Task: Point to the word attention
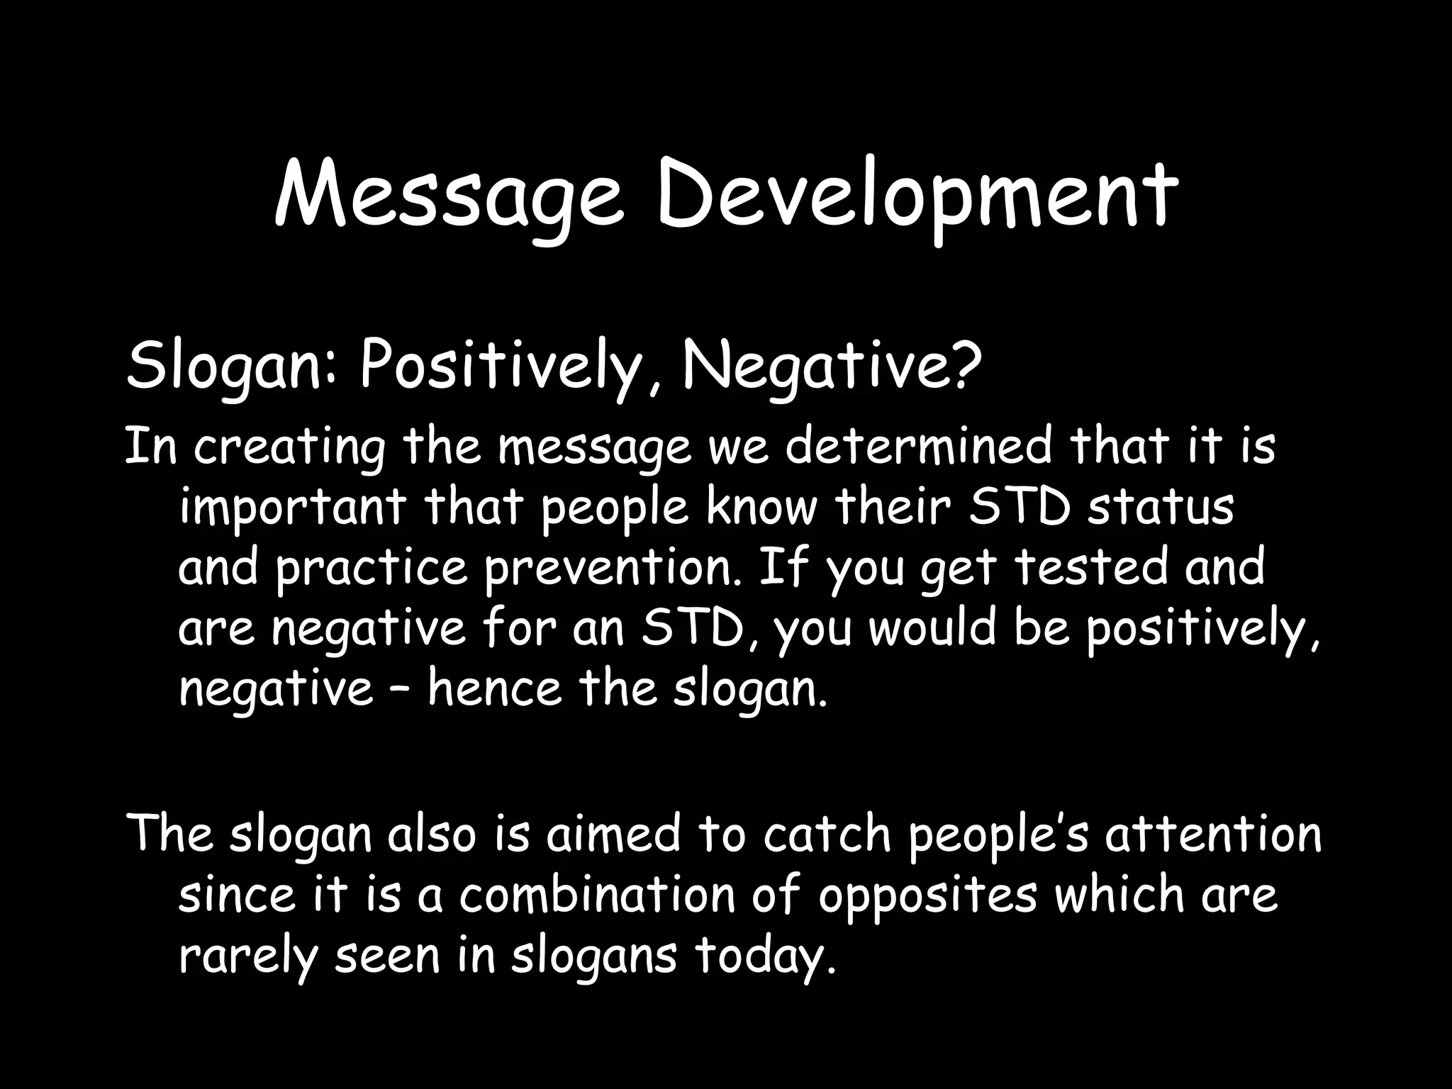(x=1213, y=834)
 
